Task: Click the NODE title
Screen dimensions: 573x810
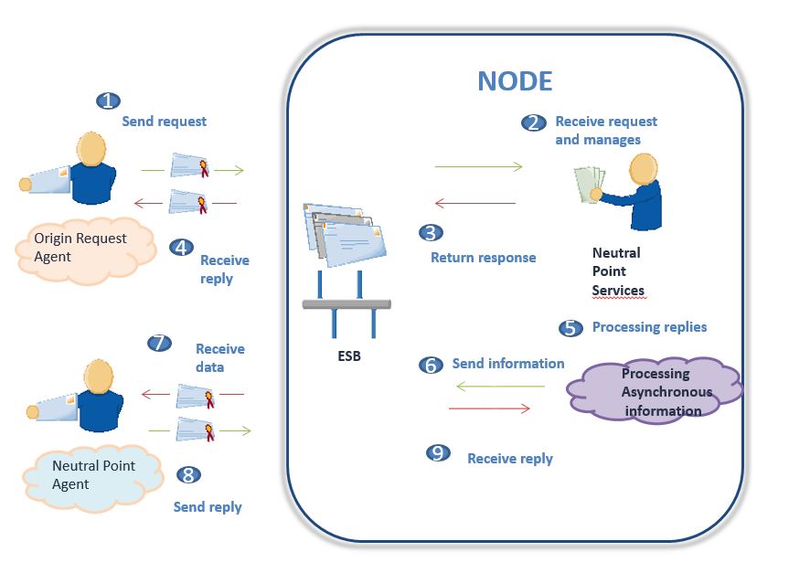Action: click(x=515, y=81)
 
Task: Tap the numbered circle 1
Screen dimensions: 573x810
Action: click(x=110, y=101)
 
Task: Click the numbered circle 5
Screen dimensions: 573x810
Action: click(x=570, y=327)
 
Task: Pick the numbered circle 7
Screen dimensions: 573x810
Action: click(x=160, y=343)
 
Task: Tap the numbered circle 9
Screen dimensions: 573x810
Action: click(x=440, y=452)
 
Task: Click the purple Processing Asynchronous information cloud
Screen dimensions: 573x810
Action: click(x=655, y=392)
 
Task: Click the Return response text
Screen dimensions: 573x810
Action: click(x=483, y=258)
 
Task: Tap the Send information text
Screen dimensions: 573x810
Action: click(x=508, y=364)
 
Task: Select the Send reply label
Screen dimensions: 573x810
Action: click(x=208, y=506)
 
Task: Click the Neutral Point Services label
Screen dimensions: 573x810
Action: click(x=618, y=271)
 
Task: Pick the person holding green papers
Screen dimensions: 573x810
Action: click(x=630, y=190)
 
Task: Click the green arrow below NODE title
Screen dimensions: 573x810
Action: click(x=477, y=167)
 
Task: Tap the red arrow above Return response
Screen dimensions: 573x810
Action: click(x=474, y=203)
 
